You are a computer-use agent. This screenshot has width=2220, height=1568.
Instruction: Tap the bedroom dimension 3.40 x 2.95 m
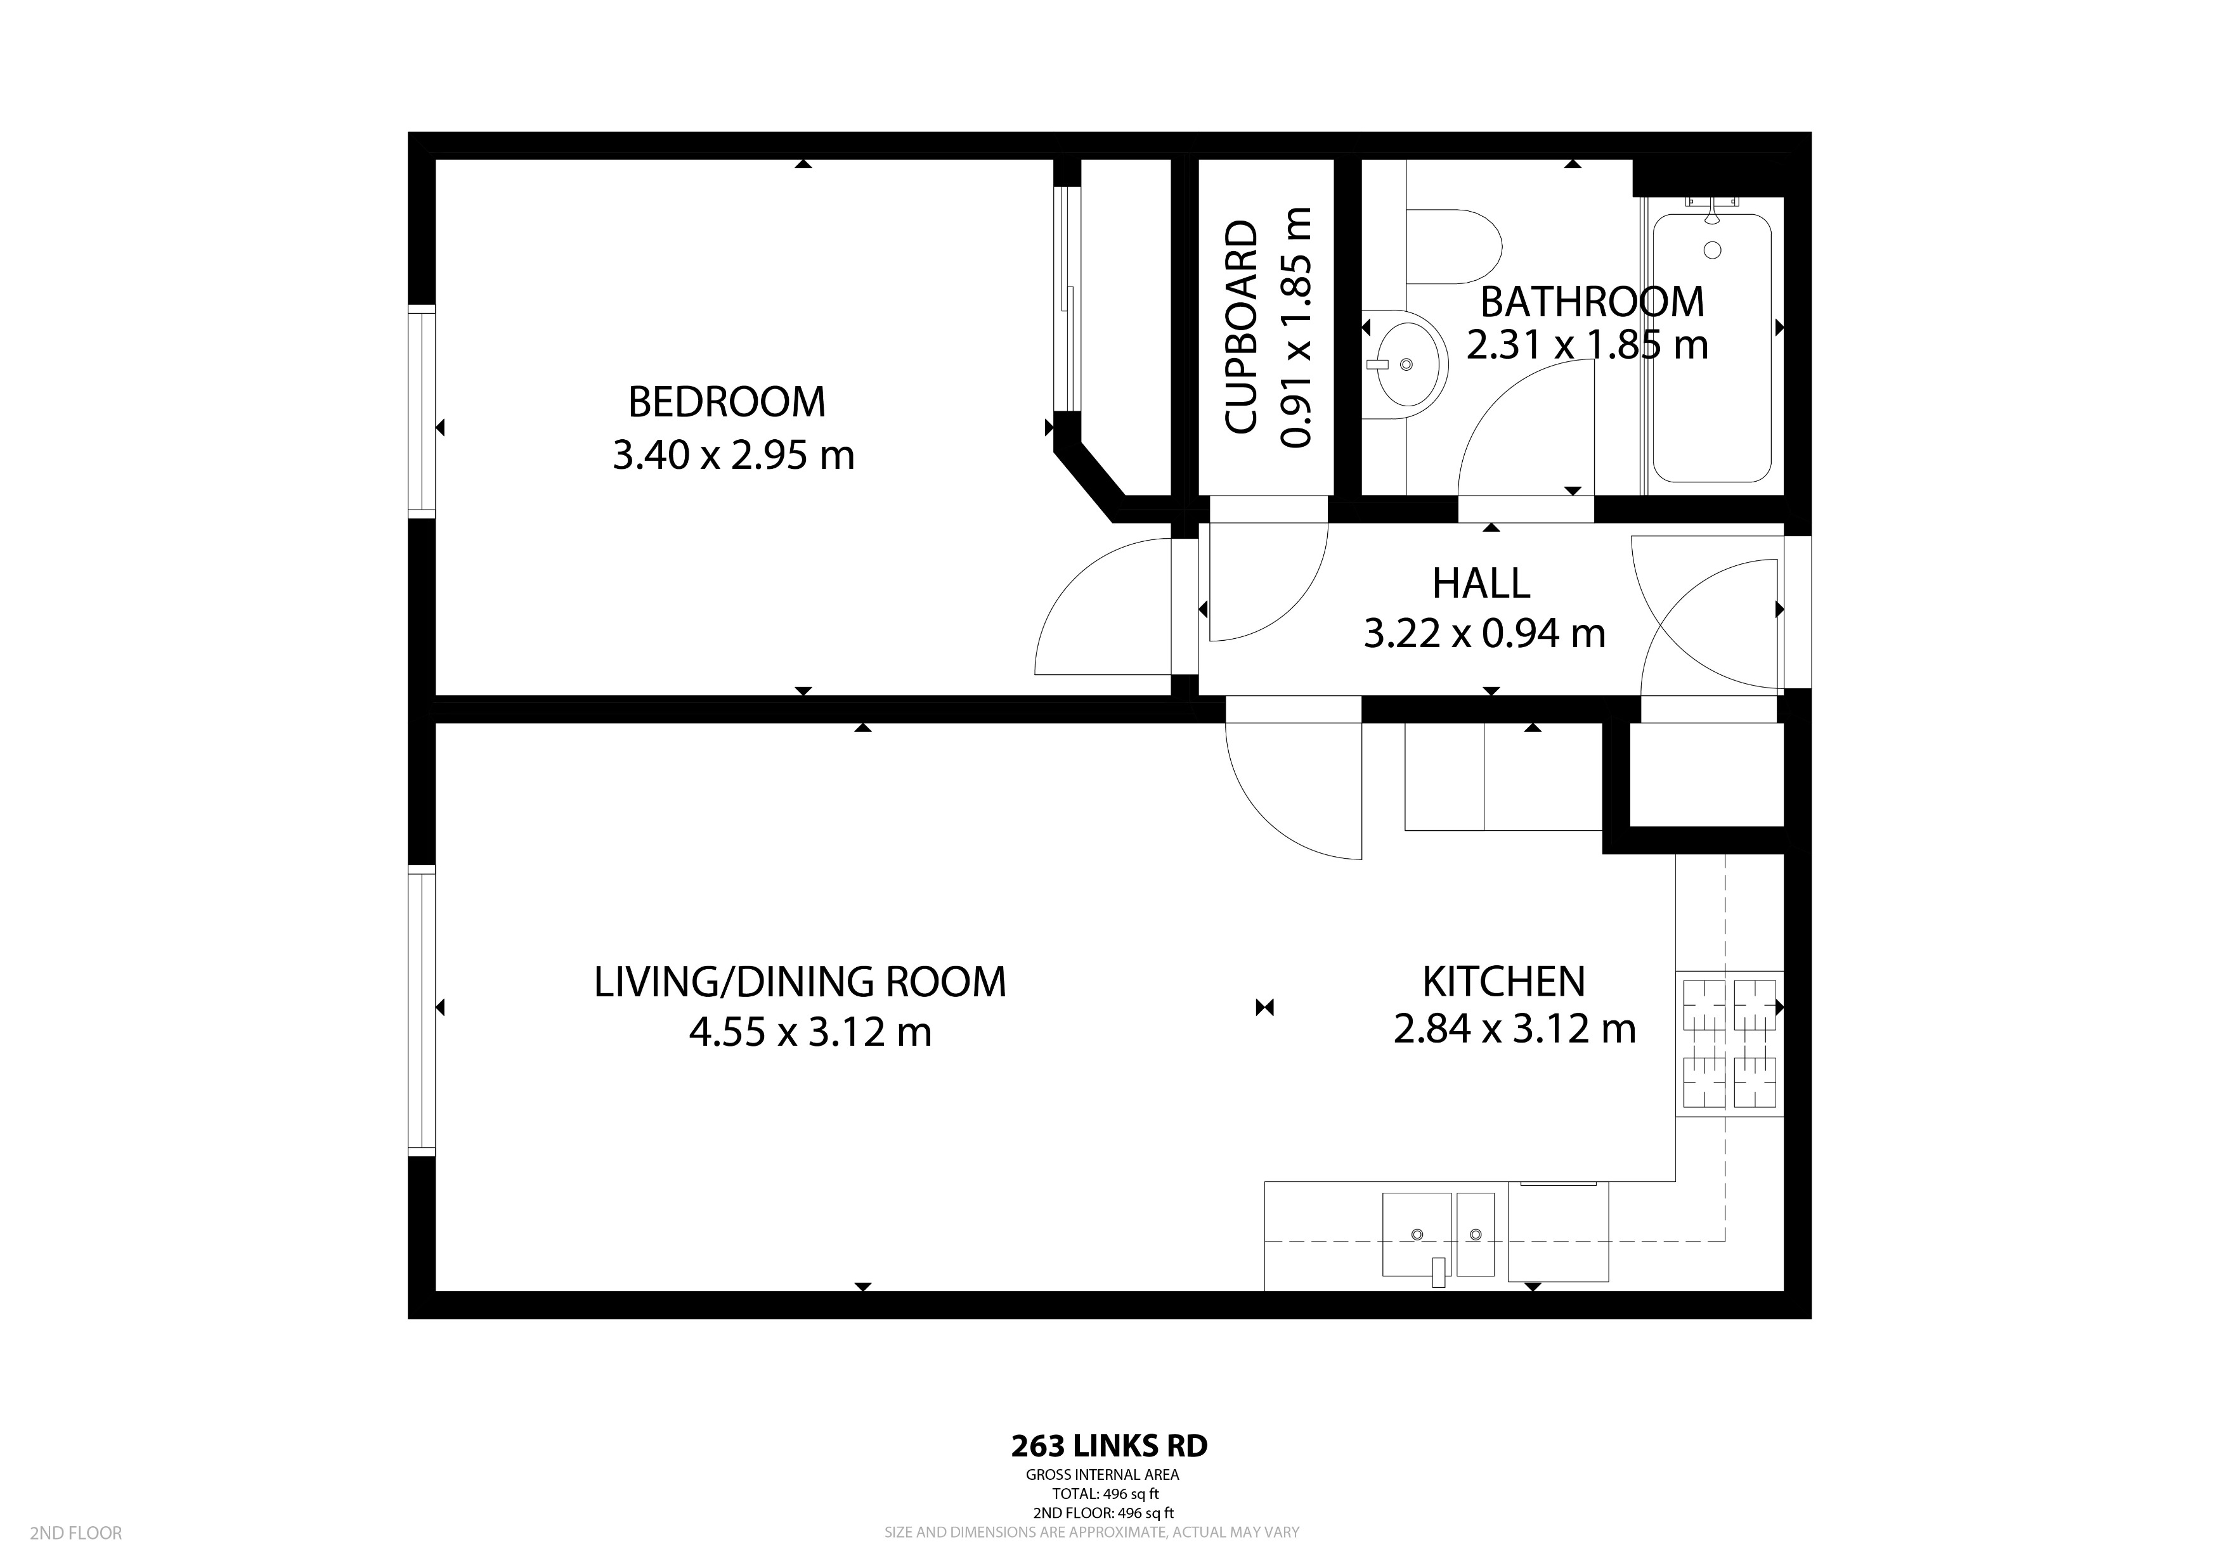point(733,455)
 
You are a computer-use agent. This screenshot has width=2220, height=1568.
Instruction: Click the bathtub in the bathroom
point(1711,348)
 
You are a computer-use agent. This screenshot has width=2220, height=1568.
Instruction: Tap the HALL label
point(1481,584)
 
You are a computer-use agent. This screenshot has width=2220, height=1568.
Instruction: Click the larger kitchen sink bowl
point(1417,1235)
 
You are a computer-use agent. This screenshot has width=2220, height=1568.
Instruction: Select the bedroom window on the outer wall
point(422,411)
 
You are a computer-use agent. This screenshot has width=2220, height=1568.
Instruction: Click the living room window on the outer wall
point(422,1010)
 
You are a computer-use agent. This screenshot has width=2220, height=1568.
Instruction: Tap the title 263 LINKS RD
point(1109,1474)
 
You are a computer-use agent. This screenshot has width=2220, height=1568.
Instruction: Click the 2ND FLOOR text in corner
point(75,1533)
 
